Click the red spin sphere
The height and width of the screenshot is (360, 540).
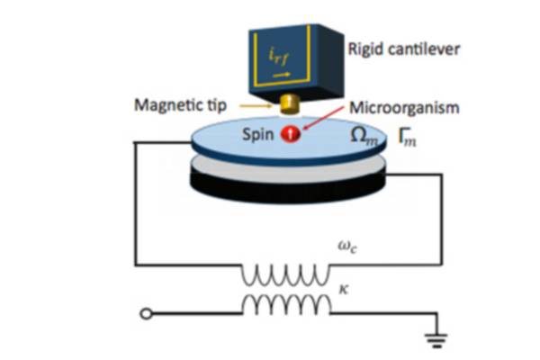click(x=291, y=134)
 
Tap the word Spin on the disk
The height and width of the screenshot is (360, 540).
click(x=258, y=135)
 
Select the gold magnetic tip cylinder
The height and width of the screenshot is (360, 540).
click(x=290, y=104)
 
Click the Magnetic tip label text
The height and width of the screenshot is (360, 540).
click(x=181, y=105)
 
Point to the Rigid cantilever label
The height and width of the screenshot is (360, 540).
click(x=404, y=49)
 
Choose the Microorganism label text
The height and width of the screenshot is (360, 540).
click(x=404, y=107)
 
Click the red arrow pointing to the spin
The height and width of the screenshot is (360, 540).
click(x=323, y=118)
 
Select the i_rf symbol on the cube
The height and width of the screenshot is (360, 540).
click(x=279, y=57)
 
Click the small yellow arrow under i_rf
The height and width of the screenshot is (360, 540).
click(x=282, y=75)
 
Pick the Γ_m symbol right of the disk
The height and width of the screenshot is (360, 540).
click(x=407, y=137)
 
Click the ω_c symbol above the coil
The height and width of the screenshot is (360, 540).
click(x=347, y=247)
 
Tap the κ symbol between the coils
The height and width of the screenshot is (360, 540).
click(x=344, y=290)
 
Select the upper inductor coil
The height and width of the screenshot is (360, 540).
click(x=285, y=274)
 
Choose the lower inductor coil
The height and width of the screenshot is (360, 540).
click(x=286, y=305)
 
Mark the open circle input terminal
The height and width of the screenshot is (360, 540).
click(x=146, y=314)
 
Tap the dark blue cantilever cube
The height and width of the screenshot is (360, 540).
click(x=295, y=60)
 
